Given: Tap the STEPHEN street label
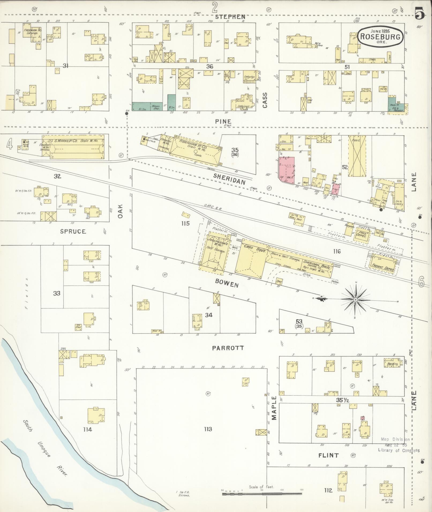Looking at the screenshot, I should (230, 17).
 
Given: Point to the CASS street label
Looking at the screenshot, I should (265, 100).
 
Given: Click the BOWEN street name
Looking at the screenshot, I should (227, 283).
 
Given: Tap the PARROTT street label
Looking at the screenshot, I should (228, 348).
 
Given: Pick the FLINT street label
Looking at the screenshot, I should (329, 455).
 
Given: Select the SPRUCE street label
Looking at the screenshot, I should (73, 231).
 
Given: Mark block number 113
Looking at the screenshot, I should (208, 429).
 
